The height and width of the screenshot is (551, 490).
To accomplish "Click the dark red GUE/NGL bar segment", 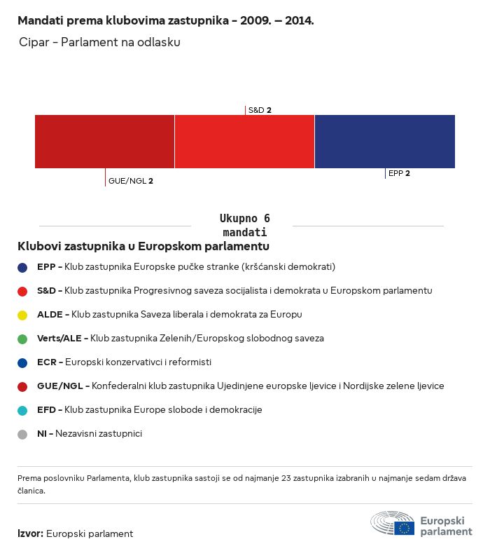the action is [x=104, y=142].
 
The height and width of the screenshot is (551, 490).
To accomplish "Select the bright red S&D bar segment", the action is [x=244, y=142].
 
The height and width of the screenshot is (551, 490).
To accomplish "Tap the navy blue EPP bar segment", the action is [x=385, y=142].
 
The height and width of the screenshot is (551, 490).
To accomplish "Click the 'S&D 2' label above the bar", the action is [x=260, y=110].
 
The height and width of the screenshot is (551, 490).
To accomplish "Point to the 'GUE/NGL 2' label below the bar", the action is [x=131, y=181].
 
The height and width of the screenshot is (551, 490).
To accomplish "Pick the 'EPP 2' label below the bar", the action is [x=399, y=173].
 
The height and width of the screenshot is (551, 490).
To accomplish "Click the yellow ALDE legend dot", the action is [x=22, y=315].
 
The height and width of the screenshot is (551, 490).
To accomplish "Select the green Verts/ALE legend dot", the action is [x=22, y=339].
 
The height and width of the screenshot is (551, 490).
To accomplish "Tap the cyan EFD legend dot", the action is [x=22, y=410].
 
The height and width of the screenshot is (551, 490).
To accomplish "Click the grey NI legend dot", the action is [x=22, y=435].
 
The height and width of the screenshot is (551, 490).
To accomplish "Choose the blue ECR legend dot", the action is [x=22, y=363].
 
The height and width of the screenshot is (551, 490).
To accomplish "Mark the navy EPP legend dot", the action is [x=22, y=268].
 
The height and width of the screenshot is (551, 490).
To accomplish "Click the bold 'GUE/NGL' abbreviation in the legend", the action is [x=60, y=386].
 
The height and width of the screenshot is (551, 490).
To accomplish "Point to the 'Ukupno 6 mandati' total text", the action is [x=244, y=225].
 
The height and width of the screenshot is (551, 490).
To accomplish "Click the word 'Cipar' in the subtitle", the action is [x=34, y=42].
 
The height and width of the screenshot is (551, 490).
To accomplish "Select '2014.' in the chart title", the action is [x=299, y=20].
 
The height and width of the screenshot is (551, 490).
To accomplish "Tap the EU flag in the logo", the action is [x=404, y=528].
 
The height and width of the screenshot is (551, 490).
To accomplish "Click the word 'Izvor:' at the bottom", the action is [x=31, y=533].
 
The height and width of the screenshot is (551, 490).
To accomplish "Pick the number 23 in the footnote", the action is [x=286, y=478].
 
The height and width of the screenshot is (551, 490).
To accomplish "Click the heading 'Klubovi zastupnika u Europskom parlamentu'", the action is [x=143, y=246].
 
